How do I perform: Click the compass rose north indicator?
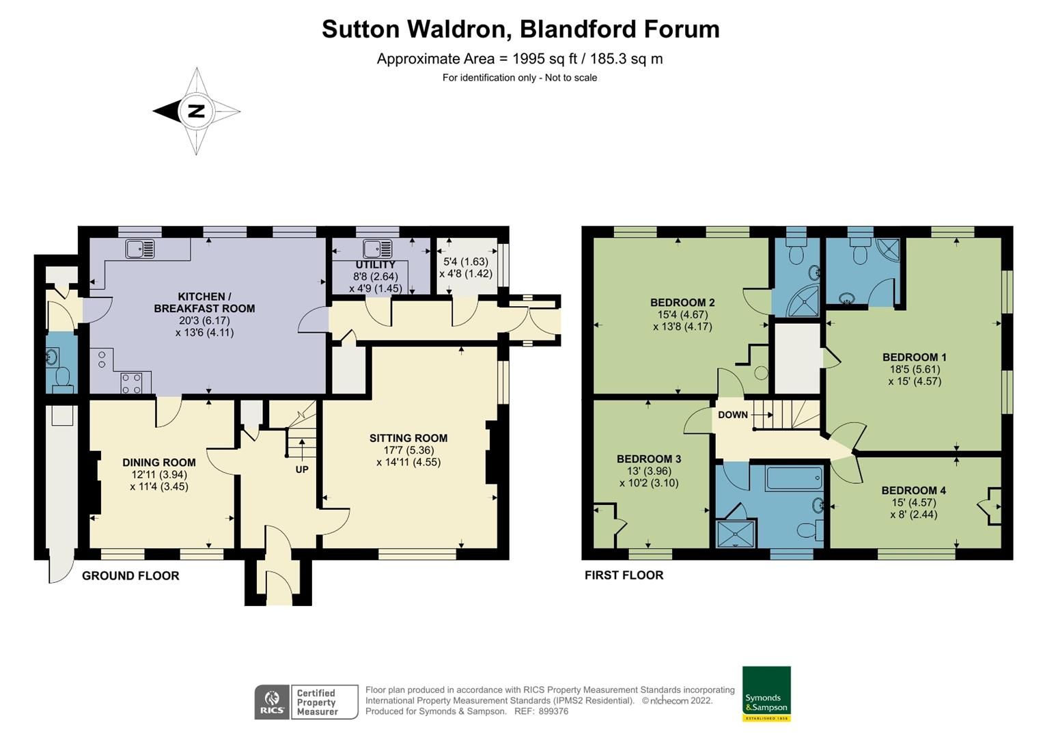pos(196,111)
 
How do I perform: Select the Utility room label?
pos(375,265)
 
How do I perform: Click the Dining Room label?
pos(159,463)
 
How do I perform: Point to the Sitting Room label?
pos(408,438)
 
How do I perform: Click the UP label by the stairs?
pos(302,469)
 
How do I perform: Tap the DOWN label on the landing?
pos(733,415)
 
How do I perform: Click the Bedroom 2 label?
pos(682,303)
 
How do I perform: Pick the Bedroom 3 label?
pos(649,459)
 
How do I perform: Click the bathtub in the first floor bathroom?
pos(794,478)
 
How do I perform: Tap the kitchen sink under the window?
pos(140,249)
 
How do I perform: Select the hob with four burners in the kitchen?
pos(132,383)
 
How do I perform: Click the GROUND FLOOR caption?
pos(130,575)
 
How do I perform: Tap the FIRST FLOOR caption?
pos(624,575)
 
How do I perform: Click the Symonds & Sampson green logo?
pos(766,694)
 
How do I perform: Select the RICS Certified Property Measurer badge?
pos(306,702)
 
